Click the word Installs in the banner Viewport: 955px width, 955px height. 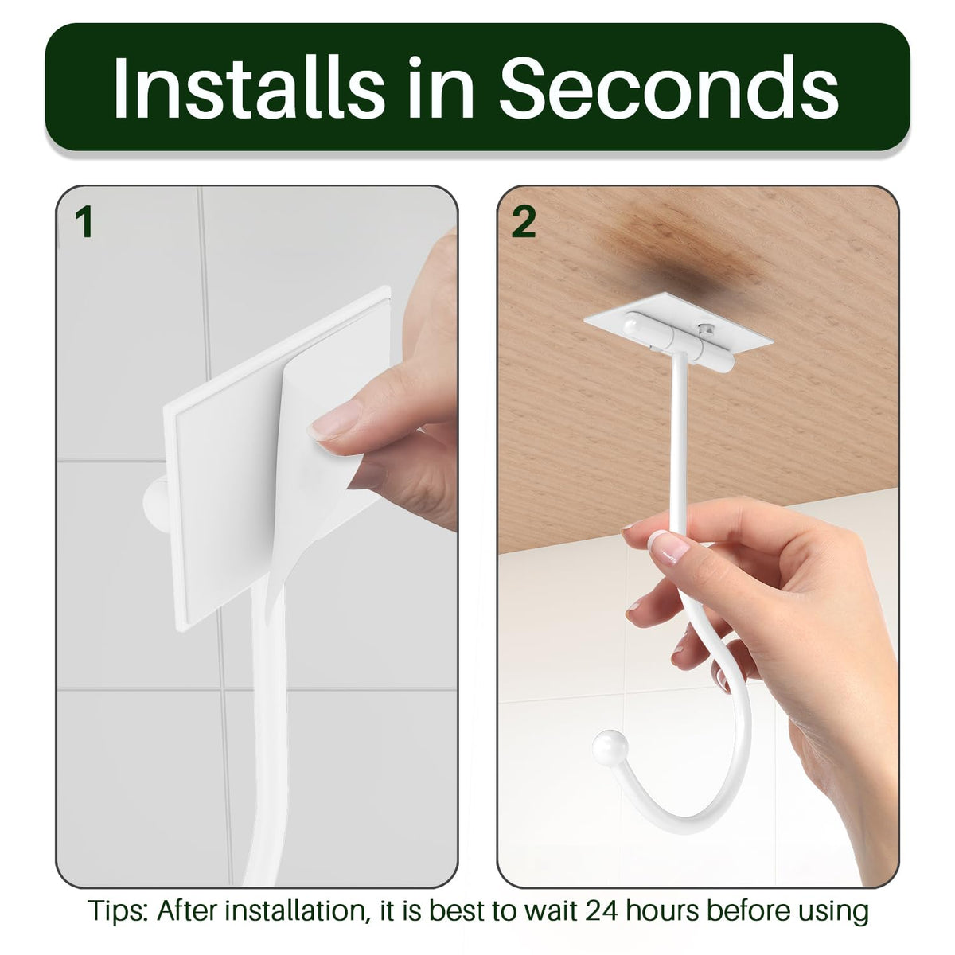pos(248,88)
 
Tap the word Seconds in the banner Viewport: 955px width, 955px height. pos(668,88)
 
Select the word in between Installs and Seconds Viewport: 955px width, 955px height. pos(441,88)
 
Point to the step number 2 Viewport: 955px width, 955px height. pos(524,222)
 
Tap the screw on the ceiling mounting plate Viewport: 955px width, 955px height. pos(705,328)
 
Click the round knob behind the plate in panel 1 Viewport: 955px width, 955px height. pos(154,505)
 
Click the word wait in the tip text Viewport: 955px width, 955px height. pos(550,911)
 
